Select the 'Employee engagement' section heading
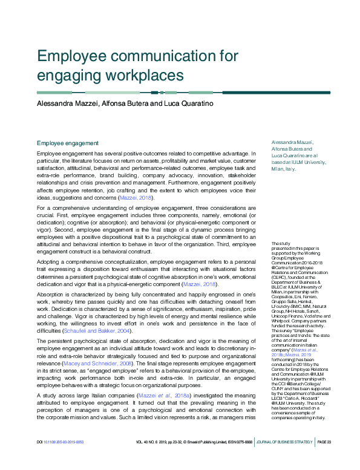coord(68,143)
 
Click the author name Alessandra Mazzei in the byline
coord(68,103)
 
